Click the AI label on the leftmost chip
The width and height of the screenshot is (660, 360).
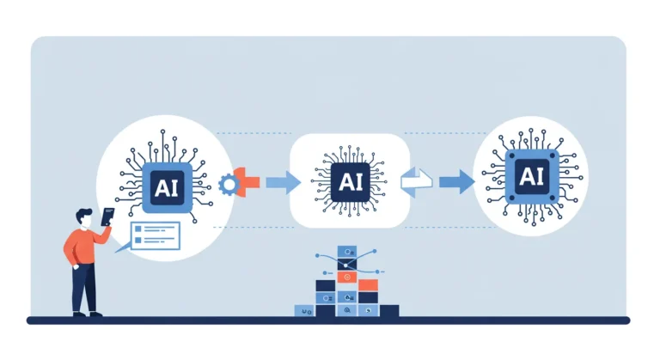click(x=167, y=188)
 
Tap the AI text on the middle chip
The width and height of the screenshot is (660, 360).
click(x=351, y=182)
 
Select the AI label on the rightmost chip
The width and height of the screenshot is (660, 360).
click(x=532, y=177)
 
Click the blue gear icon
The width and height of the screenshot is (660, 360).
click(x=229, y=185)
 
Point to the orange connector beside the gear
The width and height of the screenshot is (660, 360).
click(x=247, y=182)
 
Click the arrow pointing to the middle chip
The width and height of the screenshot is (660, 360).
click(x=284, y=182)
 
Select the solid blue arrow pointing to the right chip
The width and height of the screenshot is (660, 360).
click(x=457, y=182)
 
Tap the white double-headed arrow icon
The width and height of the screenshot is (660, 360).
click(x=417, y=182)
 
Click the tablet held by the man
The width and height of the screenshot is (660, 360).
click(x=107, y=217)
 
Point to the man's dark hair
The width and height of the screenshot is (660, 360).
click(x=83, y=215)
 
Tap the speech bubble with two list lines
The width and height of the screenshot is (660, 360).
click(x=155, y=236)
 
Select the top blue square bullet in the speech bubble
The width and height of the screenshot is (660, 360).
click(x=138, y=229)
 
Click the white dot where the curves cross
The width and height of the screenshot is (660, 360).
click(x=345, y=265)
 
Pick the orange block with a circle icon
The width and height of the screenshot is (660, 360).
click(x=347, y=277)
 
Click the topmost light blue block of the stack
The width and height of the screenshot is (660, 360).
click(x=347, y=252)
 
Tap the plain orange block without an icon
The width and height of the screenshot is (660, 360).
click(x=369, y=285)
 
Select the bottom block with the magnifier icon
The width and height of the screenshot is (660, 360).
click(x=347, y=310)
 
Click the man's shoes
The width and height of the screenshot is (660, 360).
click(x=87, y=314)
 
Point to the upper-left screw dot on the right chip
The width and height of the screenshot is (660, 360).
click(x=512, y=156)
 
